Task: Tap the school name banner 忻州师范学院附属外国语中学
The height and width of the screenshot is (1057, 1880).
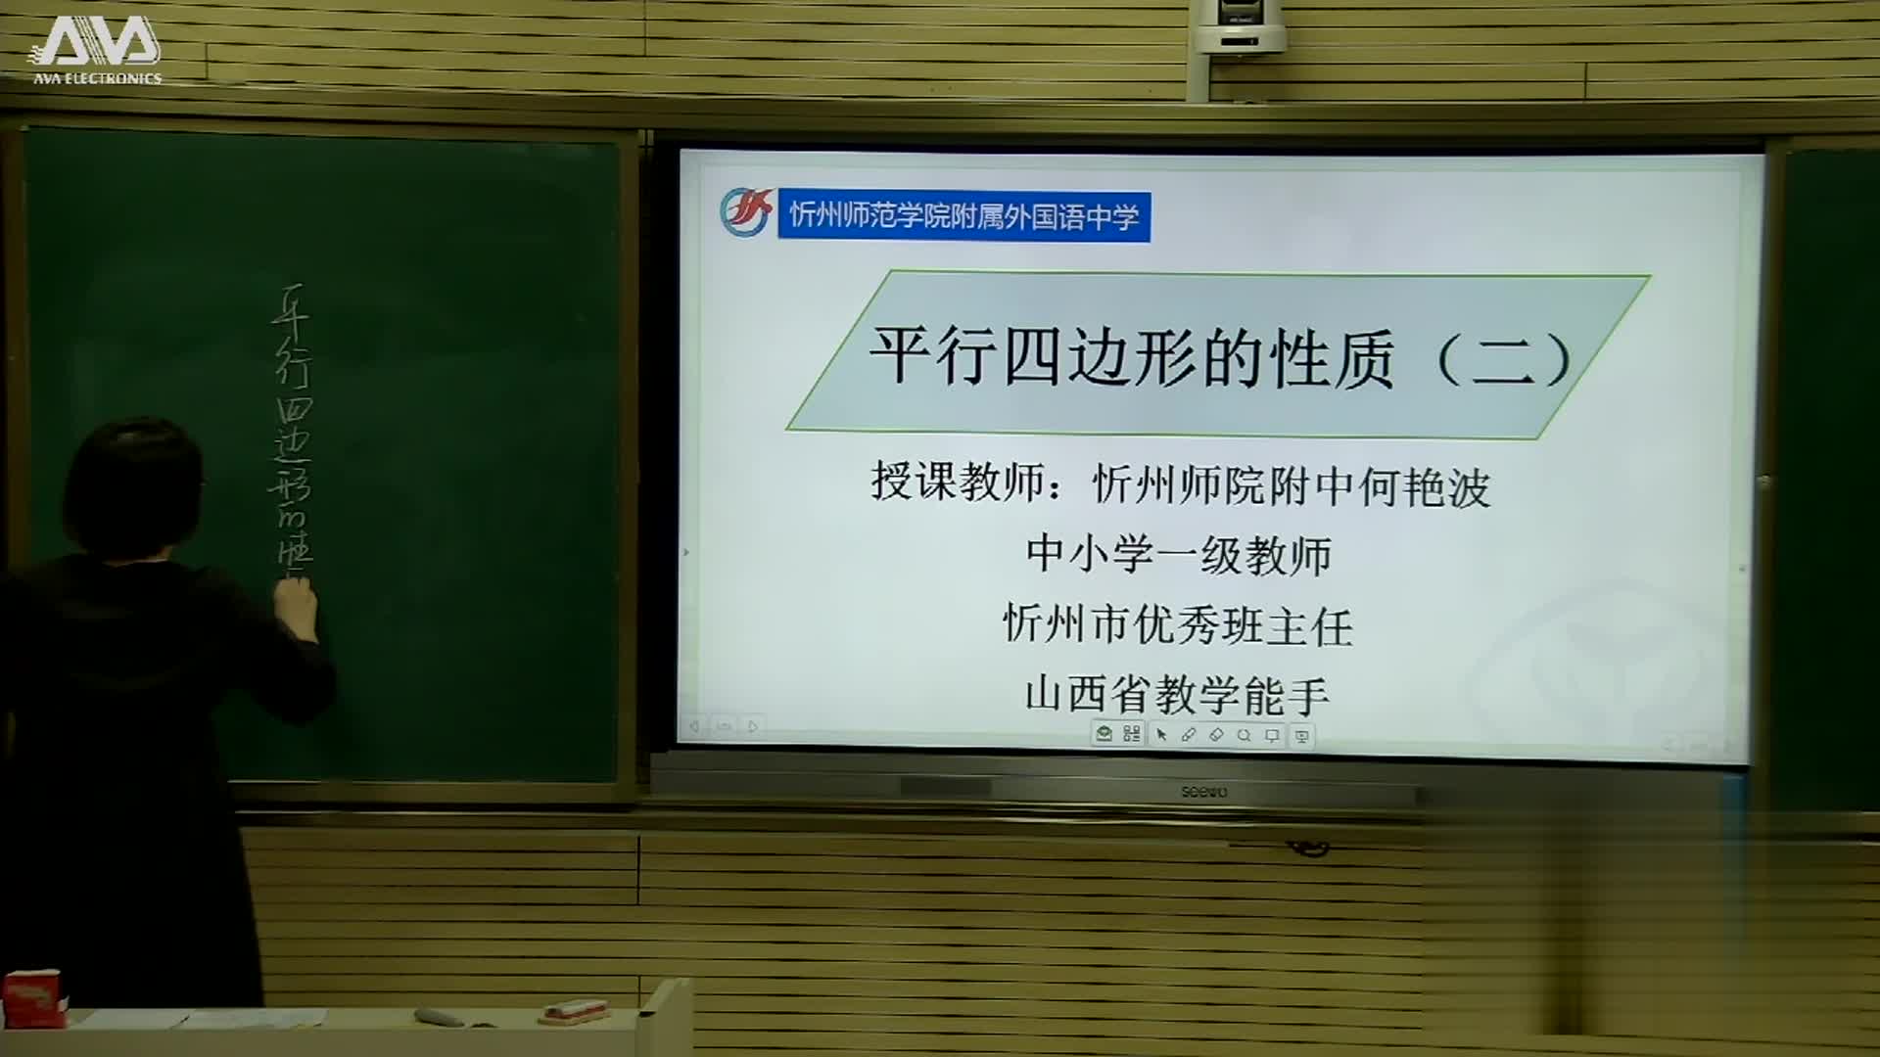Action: click(963, 215)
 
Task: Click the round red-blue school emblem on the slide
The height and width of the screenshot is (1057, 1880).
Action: click(746, 212)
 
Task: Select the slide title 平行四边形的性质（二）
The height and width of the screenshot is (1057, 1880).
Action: click(1218, 356)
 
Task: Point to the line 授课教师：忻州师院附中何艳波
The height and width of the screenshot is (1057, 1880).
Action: click(1180, 484)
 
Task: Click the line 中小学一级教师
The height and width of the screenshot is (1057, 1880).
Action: click(1178, 555)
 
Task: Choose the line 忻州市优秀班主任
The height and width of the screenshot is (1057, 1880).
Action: click(1178, 625)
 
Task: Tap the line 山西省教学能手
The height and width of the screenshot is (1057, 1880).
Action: click(1177, 695)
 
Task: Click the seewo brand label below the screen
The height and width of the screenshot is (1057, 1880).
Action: click(1203, 791)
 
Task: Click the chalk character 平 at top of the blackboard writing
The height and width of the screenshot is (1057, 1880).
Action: click(291, 311)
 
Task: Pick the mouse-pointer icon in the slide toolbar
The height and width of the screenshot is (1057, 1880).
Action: click(1161, 734)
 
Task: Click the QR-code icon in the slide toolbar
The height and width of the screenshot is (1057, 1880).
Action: click(1132, 734)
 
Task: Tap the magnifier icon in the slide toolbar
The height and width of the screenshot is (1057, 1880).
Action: click(1244, 734)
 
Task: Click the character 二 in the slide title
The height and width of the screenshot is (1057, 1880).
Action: click(1502, 358)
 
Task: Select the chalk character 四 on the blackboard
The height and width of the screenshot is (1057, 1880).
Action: click(293, 408)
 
